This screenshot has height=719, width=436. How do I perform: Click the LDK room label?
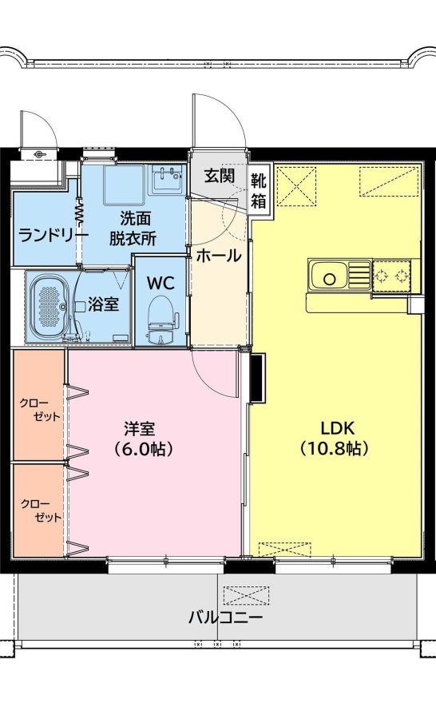coord(338,428)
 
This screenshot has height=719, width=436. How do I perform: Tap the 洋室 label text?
coord(140,429)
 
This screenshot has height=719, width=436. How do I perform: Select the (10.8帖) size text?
coord(335,448)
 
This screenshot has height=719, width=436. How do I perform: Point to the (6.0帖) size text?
coord(144,449)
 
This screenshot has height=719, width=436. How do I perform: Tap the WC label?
coord(161,283)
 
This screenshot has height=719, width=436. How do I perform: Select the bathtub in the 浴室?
coord(50,308)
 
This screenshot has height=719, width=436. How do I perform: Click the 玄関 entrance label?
coord(220,176)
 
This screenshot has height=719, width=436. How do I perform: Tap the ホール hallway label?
coord(219,256)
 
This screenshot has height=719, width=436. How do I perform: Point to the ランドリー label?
coord(54,236)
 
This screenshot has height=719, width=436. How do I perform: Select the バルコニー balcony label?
coord(225,618)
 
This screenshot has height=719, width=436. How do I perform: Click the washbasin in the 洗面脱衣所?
coord(167,179)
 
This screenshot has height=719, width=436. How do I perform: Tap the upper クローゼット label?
coord(40,410)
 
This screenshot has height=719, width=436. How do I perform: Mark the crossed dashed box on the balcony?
coord(247,595)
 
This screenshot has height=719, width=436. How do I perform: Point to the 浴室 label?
coord(104,304)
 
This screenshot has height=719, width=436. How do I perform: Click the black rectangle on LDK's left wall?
coord(258,377)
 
